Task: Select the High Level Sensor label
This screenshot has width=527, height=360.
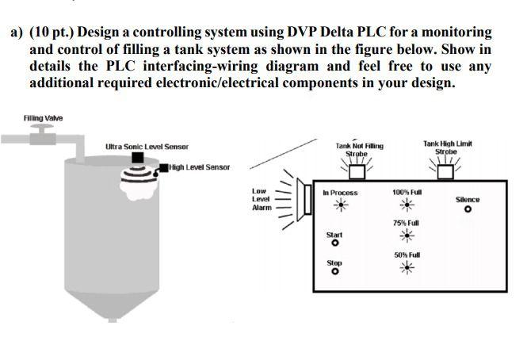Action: (199, 167)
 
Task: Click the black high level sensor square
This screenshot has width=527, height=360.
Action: (163, 167)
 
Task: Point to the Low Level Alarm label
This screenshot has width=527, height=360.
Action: (260, 199)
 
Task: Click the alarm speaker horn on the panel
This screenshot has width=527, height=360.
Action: (301, 195)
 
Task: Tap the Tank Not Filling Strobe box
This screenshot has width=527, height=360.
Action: (358, 171)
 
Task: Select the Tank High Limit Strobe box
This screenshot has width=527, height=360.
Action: (447, 171)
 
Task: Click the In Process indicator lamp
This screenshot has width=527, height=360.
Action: (341, 205)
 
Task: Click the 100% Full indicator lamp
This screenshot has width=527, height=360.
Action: (407, 205)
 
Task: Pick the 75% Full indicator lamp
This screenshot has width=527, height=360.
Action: (407, 236)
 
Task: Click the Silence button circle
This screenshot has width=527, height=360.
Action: (468, 210)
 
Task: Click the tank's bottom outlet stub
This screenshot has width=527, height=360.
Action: (112, 319)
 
